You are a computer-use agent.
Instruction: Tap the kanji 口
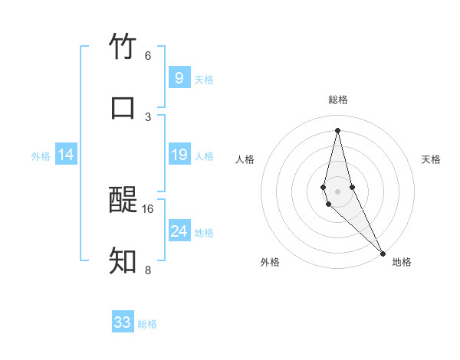[123, 107]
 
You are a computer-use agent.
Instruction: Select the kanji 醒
[123, 201]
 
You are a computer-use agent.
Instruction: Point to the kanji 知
[123, 261]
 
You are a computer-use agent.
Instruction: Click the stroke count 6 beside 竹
[147, 56]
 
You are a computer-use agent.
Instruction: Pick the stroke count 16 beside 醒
[148, 208]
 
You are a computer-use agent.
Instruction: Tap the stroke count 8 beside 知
[147, 270]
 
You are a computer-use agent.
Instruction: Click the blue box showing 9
[179, 77]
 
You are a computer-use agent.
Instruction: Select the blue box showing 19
[179, 155]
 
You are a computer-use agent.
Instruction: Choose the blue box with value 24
[179, 231]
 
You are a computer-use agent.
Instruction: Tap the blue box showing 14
[66, 155]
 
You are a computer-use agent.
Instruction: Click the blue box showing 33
[123, 322]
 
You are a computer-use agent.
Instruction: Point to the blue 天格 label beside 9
[204, 79]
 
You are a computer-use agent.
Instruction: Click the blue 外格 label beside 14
[41, 156]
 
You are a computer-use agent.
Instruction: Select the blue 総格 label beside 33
[147, 324]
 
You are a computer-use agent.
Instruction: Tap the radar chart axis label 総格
[338, 100]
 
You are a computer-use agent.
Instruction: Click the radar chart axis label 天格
[431, 159]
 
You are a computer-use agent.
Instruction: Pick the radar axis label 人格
[245, 159]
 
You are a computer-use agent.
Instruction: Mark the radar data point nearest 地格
[383, 253]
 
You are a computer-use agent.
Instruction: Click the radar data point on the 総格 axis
[338, 130]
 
